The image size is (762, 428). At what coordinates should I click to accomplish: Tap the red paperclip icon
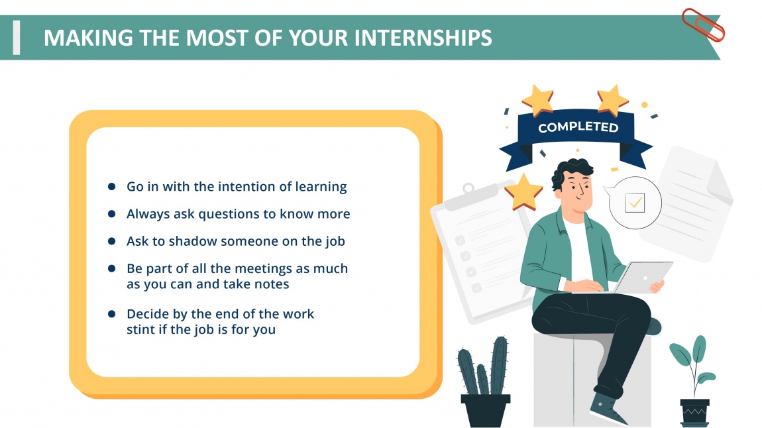[703, 24]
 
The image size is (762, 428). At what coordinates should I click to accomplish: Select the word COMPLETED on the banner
[578, 127]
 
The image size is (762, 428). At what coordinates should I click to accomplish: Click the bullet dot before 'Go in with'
[112, 187]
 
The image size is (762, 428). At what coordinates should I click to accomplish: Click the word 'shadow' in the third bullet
[192, 241]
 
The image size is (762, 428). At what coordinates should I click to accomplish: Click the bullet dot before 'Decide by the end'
[112, 313]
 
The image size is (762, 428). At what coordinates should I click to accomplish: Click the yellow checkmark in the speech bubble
[635, 202]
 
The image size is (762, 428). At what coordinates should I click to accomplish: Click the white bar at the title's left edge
[17, 37]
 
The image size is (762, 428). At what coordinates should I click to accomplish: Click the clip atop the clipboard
[469, 188]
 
